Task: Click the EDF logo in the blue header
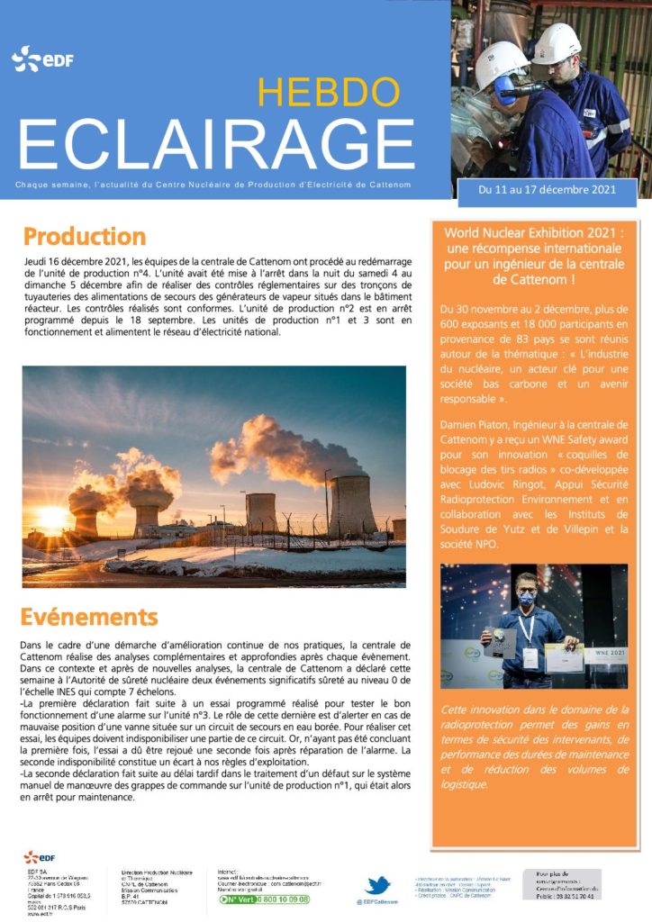42,60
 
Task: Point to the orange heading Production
84,237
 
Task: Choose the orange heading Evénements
90,617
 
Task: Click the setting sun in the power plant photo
56,516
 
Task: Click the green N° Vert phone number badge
264,899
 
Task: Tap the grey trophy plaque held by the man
501,641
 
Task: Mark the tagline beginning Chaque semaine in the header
214,185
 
